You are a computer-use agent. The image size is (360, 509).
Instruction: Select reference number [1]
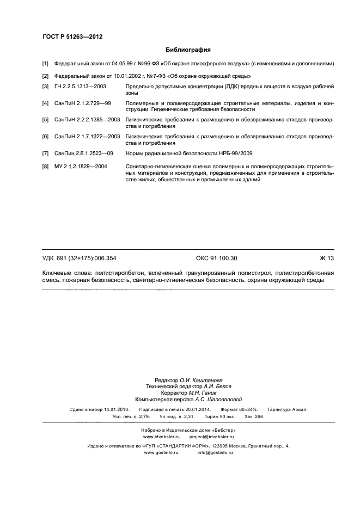46,64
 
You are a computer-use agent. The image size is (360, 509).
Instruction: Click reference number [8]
46,166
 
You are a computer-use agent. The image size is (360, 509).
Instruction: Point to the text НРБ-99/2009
234,154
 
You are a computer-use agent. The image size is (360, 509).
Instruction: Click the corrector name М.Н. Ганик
198,393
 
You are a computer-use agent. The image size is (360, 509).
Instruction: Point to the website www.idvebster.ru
160,437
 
